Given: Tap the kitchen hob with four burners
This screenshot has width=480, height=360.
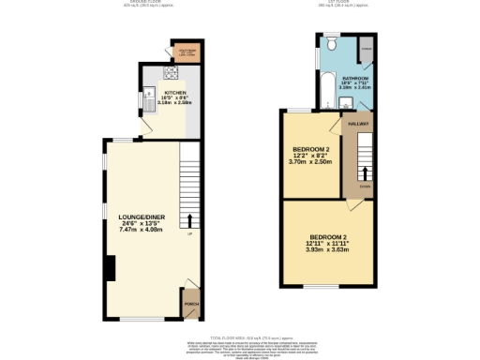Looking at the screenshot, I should coord(172,72).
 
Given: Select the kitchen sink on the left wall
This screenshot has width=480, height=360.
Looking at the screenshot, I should coord(148,94).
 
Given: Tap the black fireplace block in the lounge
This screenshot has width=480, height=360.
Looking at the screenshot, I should coord(111,268).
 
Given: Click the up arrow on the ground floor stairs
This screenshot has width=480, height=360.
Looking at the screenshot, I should coord(191,220).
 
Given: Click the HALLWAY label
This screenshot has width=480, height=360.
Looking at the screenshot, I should coord(359,123).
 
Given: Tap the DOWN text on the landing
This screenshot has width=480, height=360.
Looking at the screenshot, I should coord(366,187).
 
